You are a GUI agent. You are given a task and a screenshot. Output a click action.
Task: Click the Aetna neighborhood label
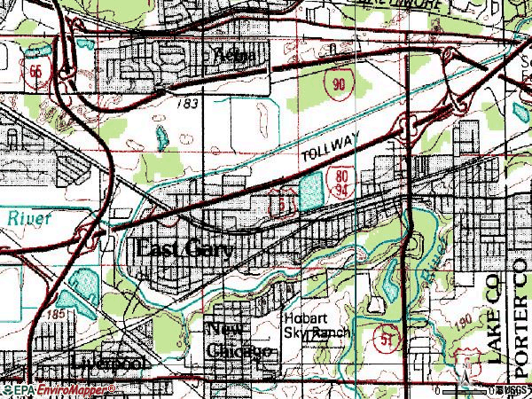pos(235,56)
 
